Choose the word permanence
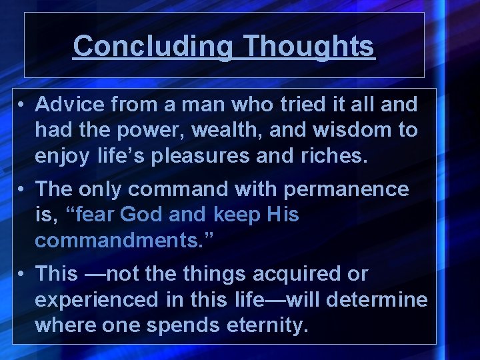[x=346, y=189]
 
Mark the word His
[x=283, y=215]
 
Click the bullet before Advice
[x=22, y=105]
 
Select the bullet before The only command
[x=22, y=189]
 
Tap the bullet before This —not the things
[x=22, y=274]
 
